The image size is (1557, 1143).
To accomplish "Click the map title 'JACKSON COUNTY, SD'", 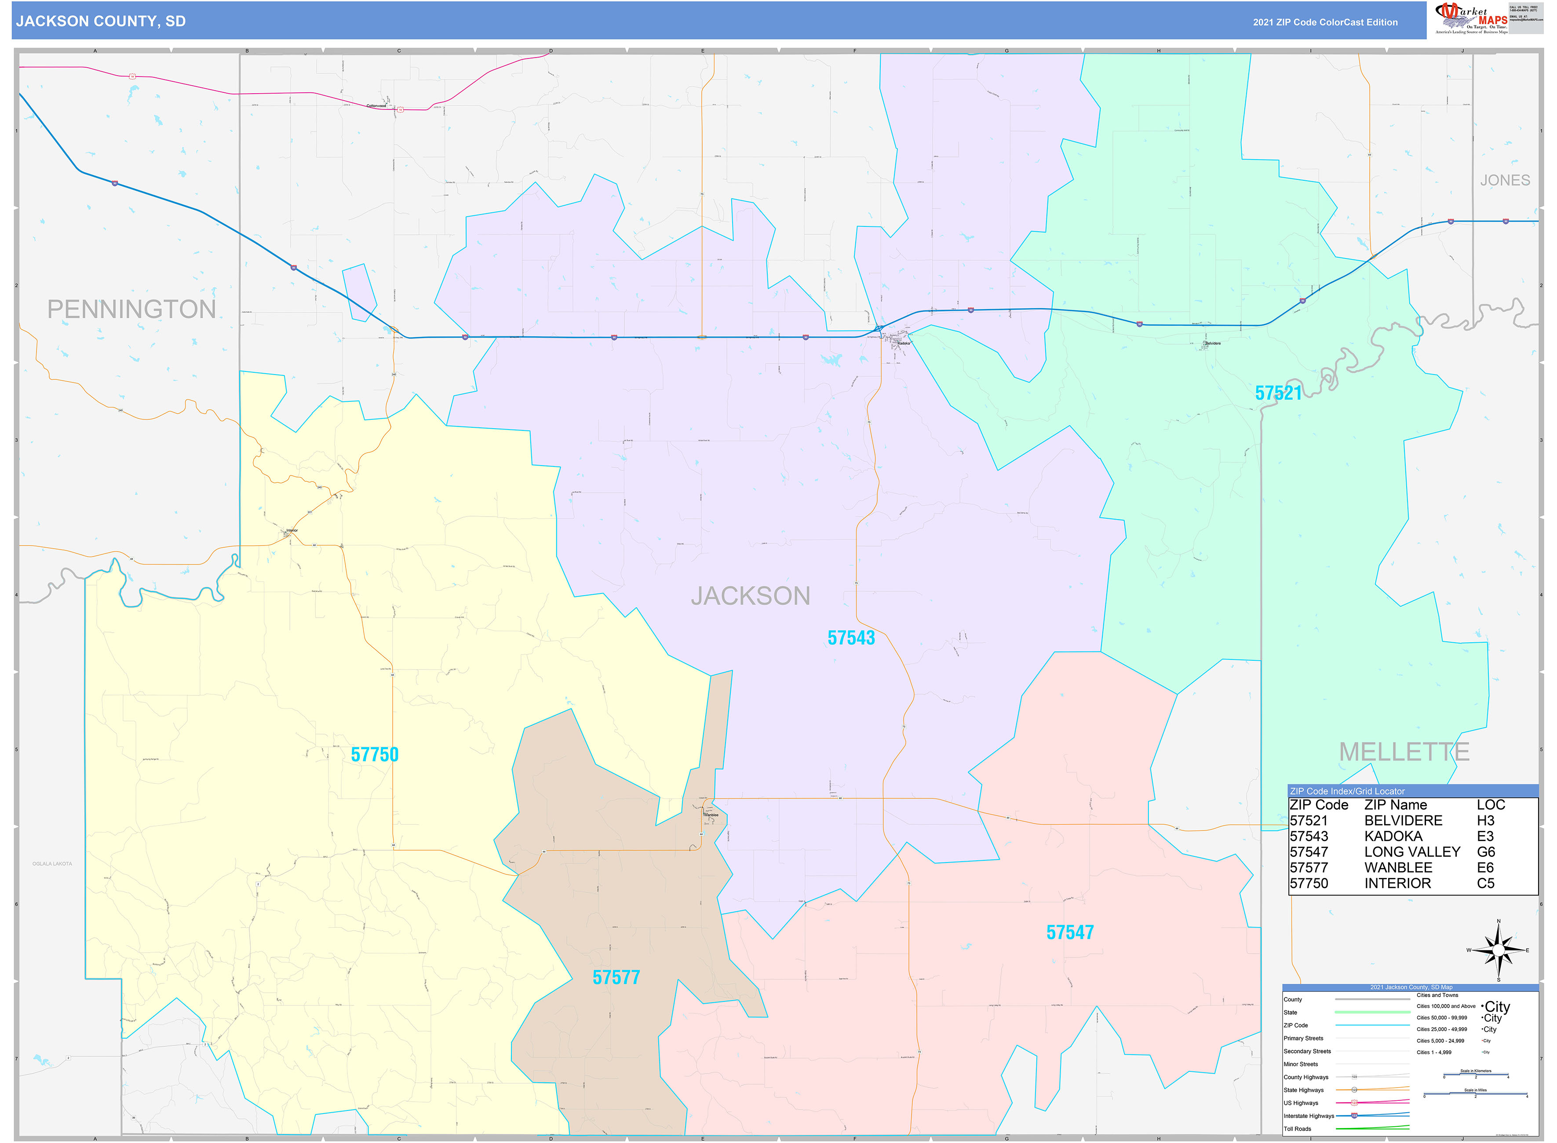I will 101,22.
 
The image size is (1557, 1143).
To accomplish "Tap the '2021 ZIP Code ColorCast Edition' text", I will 1324,22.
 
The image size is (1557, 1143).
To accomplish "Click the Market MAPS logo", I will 1471,18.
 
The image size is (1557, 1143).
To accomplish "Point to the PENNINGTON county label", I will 131,309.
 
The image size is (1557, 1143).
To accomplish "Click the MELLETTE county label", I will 1404,752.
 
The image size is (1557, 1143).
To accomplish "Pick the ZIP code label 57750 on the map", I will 374,755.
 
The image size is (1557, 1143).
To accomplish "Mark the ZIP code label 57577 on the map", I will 616,978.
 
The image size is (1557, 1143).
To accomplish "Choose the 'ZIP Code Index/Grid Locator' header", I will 1347,791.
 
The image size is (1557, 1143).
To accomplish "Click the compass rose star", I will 1498,950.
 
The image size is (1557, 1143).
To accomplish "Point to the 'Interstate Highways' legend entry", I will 1309,1116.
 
